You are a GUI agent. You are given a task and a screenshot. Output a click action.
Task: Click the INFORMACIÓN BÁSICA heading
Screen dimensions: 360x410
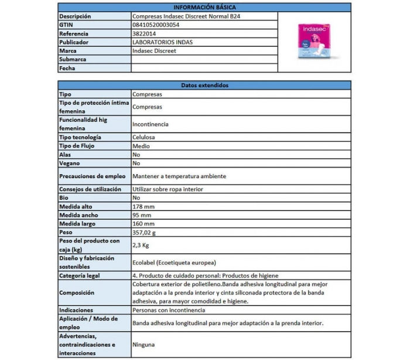204,8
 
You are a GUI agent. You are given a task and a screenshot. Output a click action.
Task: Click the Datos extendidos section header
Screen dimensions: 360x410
204,85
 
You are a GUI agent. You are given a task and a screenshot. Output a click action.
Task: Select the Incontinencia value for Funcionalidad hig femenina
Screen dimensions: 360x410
151,124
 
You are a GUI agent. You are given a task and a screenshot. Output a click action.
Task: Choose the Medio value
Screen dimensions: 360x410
141,145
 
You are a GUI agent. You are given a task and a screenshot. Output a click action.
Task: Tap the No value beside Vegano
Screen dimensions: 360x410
136,163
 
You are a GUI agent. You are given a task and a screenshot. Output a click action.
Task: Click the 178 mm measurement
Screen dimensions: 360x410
143,206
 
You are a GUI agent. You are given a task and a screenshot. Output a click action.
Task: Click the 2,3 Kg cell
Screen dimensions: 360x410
142,245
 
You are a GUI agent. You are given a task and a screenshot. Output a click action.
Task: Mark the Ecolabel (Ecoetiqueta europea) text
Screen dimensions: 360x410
175,262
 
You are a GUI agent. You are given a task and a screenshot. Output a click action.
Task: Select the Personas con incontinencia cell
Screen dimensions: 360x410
169,310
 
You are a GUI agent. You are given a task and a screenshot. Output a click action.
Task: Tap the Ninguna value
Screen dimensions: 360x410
143,345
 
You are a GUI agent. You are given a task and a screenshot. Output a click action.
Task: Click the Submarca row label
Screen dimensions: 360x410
73,60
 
